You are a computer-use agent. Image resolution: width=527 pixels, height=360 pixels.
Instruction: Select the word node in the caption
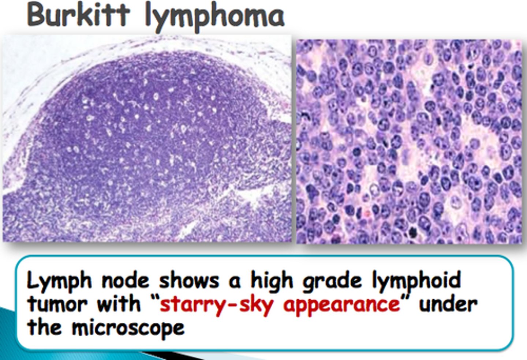126,281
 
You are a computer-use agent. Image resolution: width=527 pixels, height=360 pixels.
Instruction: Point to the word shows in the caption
188,281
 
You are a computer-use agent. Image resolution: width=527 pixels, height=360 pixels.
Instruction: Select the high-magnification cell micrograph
409,141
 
